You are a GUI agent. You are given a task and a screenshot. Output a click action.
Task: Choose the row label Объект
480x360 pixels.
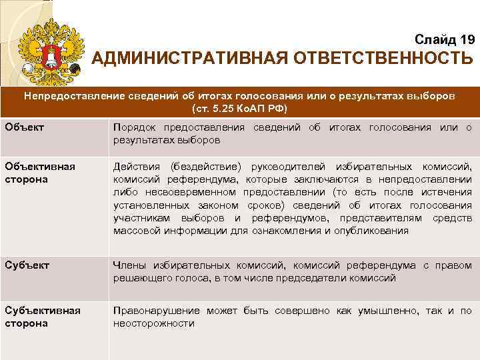21,127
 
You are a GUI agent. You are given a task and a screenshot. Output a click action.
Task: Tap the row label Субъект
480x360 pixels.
26,265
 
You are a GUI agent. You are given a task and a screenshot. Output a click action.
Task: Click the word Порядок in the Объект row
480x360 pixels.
133,127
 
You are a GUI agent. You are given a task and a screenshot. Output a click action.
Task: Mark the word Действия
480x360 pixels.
137,166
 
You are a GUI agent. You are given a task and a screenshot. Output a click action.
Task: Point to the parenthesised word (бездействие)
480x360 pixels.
207,166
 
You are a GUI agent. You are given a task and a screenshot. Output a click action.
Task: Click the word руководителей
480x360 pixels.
285,166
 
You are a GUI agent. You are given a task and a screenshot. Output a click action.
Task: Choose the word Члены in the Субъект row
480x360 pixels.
129,266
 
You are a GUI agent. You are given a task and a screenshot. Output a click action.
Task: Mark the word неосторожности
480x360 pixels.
154,323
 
